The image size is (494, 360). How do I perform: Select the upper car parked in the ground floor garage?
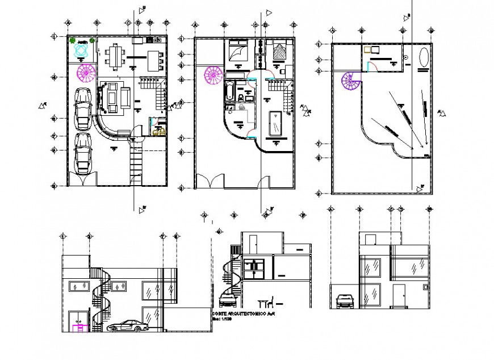(83, 107)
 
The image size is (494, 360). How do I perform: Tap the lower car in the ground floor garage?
(83, 153)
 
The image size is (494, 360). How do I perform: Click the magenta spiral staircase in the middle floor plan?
(214, 74)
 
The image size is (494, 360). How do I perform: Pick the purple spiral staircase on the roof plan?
(350, 81)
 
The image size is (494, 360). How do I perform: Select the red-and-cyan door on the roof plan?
(371, 67)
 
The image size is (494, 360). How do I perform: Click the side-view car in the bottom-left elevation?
(128, 326)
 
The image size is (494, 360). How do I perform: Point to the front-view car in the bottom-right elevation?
(344, 301)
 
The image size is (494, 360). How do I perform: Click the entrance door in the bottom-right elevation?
(399, 295)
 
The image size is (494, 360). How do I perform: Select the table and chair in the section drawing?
(266, 302)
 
